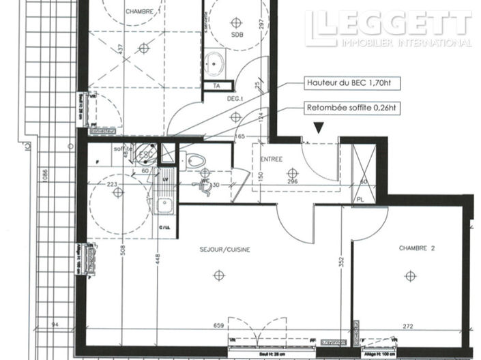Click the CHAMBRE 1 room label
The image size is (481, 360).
pyautogui.click(x=143, y=12)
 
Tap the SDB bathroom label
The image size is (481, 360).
pyautogui.click(x=237, y=34)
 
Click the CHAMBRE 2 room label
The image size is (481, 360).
pyautogui.click(x=416, y=249)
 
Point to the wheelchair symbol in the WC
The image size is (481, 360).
pyautogui.click(x=203, y=185)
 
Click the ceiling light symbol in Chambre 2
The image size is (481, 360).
pyautogui.click(x=409, y=275)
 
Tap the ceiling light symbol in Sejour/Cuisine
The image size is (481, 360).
pyautogui.click(x=218, y=275)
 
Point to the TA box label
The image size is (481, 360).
pyautogui.click(x=217, y=87)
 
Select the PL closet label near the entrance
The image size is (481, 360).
pyautogui.click(x=360, y=199)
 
